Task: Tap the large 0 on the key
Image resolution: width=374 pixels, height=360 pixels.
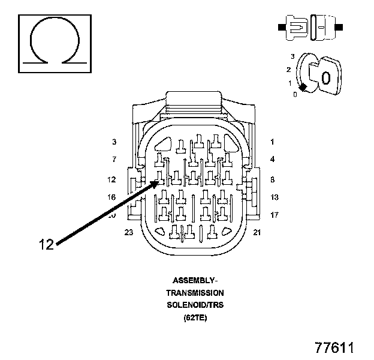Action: coord(325,78)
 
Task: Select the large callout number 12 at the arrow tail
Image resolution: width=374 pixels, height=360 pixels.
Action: coord(47,244)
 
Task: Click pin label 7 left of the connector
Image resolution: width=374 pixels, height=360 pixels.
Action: coord(113,160)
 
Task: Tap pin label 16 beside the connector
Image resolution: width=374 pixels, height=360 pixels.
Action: coord(111,197)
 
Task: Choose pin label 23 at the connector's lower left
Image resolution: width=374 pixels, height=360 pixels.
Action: coord(128,232)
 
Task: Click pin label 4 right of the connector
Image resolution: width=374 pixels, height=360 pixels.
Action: coord(272,160)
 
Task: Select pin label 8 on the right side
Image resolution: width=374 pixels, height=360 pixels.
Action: coord(272,179)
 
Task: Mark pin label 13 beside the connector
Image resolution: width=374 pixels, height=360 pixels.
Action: coord(275,197)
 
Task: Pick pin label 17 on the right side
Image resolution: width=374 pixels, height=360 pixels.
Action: coord(275,214)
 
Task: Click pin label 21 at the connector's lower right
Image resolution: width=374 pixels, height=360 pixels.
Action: coord(257,232)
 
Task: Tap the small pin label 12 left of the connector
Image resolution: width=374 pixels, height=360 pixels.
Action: coord(111,179)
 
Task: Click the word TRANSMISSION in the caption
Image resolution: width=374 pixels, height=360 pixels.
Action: coord(195,293)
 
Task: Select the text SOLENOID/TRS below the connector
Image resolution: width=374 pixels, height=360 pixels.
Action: coord(195,305)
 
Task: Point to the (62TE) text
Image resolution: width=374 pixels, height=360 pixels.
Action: coord(195,318)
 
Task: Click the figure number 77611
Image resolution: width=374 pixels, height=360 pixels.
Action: coord(335,348)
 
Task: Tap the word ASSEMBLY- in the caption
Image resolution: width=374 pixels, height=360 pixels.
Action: coord(195,280)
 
